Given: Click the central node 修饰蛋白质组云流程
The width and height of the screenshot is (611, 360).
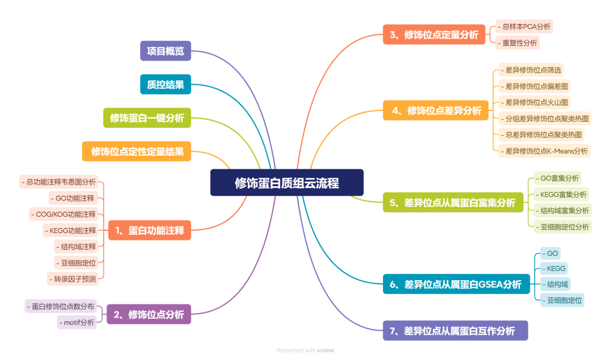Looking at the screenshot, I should [287, 183].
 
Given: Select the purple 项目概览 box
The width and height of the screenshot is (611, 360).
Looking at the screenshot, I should [166, 51].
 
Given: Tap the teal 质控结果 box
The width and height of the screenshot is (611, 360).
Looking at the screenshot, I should [166, 84].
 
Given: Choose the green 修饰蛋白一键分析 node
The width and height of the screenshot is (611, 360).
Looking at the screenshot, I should [147, 118].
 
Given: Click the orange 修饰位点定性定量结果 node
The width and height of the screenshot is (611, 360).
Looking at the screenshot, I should [137, 151].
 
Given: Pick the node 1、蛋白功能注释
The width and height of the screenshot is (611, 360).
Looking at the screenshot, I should [149, 230].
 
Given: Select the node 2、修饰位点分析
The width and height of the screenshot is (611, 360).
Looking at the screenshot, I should [149, 314].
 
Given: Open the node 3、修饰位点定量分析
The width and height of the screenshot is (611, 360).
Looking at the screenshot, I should [434, 35].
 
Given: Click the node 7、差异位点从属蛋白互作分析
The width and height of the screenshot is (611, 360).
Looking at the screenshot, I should [455, 331].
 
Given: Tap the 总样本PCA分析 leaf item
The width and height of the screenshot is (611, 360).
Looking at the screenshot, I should [524, 27].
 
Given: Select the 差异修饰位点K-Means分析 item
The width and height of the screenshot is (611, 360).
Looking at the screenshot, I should [544, 151].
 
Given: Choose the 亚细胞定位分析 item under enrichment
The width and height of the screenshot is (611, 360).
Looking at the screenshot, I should [562, 227].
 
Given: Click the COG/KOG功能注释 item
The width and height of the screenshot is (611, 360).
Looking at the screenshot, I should [63, 214].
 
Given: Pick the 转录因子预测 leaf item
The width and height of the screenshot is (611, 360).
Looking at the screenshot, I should [75, 278].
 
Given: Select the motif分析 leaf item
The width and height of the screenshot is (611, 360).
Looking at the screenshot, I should [76, 323].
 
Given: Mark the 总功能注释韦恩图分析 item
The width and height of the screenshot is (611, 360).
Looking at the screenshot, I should [59, 182].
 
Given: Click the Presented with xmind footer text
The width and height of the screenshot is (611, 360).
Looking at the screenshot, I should [305, 350].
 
